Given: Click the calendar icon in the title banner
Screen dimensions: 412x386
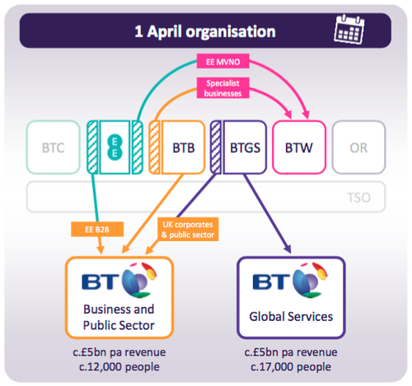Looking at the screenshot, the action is coord(349,30).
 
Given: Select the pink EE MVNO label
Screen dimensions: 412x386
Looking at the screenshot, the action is coord(223,61).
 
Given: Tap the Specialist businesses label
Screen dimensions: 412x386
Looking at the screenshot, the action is coord(223,88).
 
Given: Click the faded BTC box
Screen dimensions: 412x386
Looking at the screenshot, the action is coord(54,147).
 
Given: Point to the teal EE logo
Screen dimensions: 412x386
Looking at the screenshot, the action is coord(115,147).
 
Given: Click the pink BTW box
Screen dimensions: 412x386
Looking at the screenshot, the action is coord(299,147).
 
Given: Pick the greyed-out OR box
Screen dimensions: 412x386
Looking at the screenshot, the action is coord(358,147).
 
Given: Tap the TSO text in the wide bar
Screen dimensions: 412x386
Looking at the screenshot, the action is coord(358,198).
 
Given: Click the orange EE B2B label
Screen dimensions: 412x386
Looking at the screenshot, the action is coord(97,230).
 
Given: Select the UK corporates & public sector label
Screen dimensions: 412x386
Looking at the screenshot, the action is coord(188,230).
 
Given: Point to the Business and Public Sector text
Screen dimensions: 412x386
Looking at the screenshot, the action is coord(119,318).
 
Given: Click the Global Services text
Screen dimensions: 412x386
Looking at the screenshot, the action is coord(291,317).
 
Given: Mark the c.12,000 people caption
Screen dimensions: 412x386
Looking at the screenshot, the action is coord(119,367).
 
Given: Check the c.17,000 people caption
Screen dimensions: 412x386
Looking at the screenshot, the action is coord(291,367).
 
